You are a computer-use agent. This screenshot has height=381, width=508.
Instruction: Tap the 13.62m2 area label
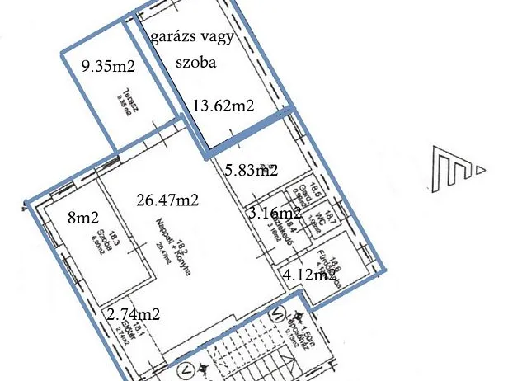pyautogui.click(x=223, y=105)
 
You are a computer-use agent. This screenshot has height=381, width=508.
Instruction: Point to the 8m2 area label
pyautogui.click(x=82, y=219)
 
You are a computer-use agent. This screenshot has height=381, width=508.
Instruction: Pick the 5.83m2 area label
pyautogui.click(x=252, y=170)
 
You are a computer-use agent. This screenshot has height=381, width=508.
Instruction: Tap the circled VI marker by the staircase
pyautogui.click(x=278, y=312)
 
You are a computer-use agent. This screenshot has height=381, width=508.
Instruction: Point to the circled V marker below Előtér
pyautogui.click(x=189, y=368)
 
